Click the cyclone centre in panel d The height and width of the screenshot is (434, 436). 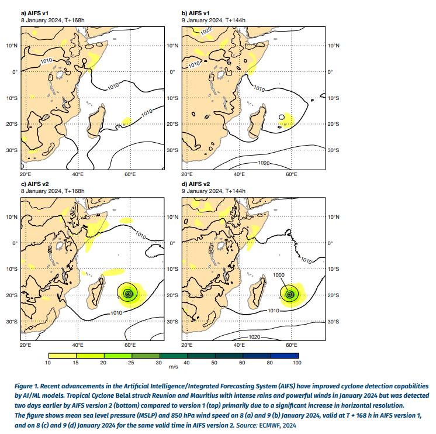pyautogui.click(x=289, y=294)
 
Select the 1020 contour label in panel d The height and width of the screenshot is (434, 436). pyautogui.click(x=255, y=337)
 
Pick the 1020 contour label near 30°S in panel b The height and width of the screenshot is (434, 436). pyautogui.click(x=264, y=162)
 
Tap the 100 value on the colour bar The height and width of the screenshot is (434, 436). pyautogui.click(x=297, y=363)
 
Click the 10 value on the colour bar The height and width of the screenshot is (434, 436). pyautogui.click(x=49, y=363)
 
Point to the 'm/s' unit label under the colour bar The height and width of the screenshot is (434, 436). pyautogui.click(x=174, y=367)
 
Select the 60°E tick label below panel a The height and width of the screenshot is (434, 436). pyautogui.click(x=130, y=174)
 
